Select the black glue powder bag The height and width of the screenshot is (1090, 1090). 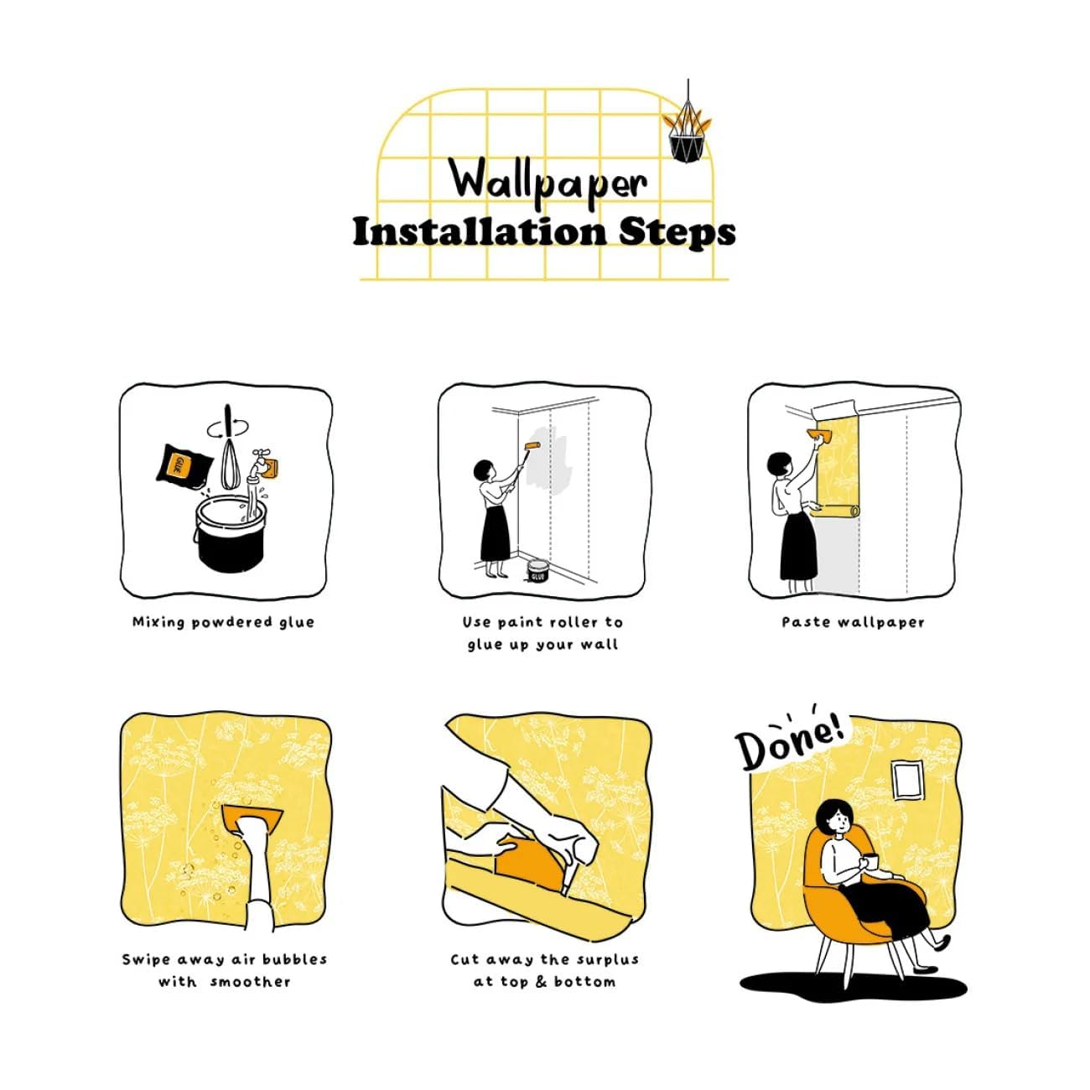click(184, 467)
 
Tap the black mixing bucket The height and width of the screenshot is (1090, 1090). click(231, 535)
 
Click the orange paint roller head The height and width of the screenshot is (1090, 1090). click(532, 446)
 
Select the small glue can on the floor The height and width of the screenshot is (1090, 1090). click(537, 571)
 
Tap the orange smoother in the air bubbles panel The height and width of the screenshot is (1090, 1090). click(253, 820)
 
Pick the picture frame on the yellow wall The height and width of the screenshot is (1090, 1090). click(908, 780)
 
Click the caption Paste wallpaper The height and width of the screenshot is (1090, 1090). click(854, 623)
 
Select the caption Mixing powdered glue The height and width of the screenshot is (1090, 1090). click(223, 623)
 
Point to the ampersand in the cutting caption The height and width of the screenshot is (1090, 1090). click(542, 981)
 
